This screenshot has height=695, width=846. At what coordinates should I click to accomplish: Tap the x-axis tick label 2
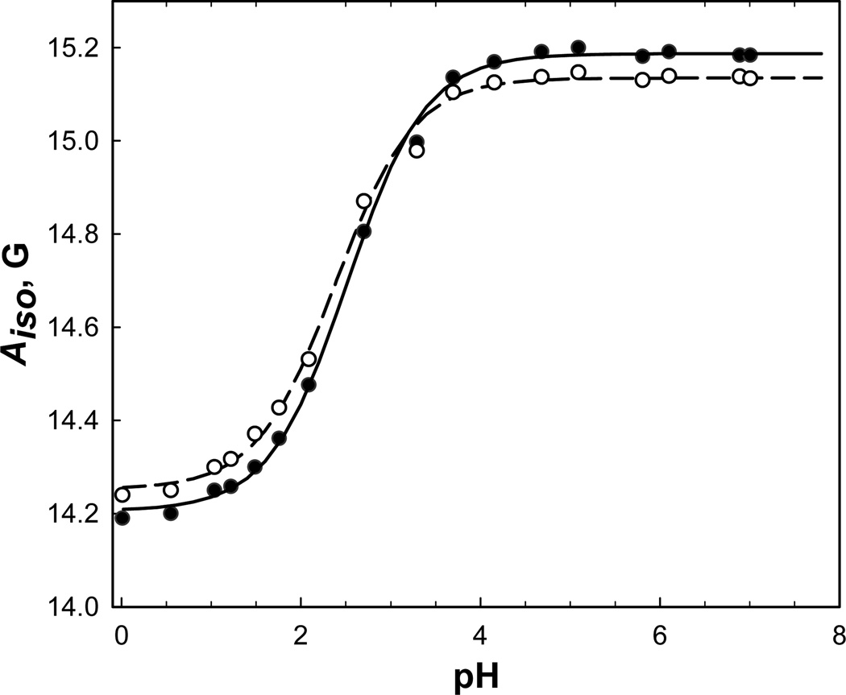[x=301, y=635]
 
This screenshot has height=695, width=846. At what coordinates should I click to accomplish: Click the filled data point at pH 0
[x=122, y=518]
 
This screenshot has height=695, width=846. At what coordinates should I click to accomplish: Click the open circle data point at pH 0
[x=122, y=494]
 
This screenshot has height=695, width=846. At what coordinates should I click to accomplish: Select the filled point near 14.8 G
[x=363, y=232]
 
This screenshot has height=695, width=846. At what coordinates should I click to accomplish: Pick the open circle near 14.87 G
[x=363, y=201]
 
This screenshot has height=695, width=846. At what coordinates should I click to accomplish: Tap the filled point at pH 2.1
[x=309, y=384]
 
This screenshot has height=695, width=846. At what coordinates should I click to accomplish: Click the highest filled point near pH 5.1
[x=578, y=48]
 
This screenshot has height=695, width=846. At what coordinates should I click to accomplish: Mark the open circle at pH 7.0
[x=749, y=78]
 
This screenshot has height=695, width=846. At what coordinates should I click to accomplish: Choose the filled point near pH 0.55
[x=171, y=513]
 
